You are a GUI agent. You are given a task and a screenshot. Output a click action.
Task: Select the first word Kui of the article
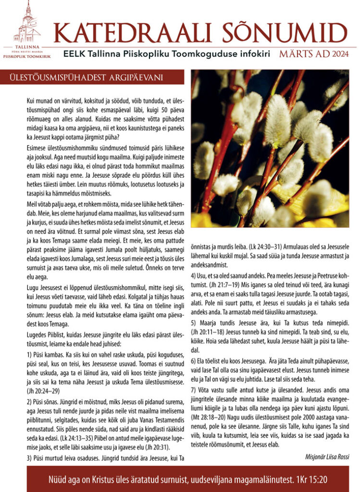31,101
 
